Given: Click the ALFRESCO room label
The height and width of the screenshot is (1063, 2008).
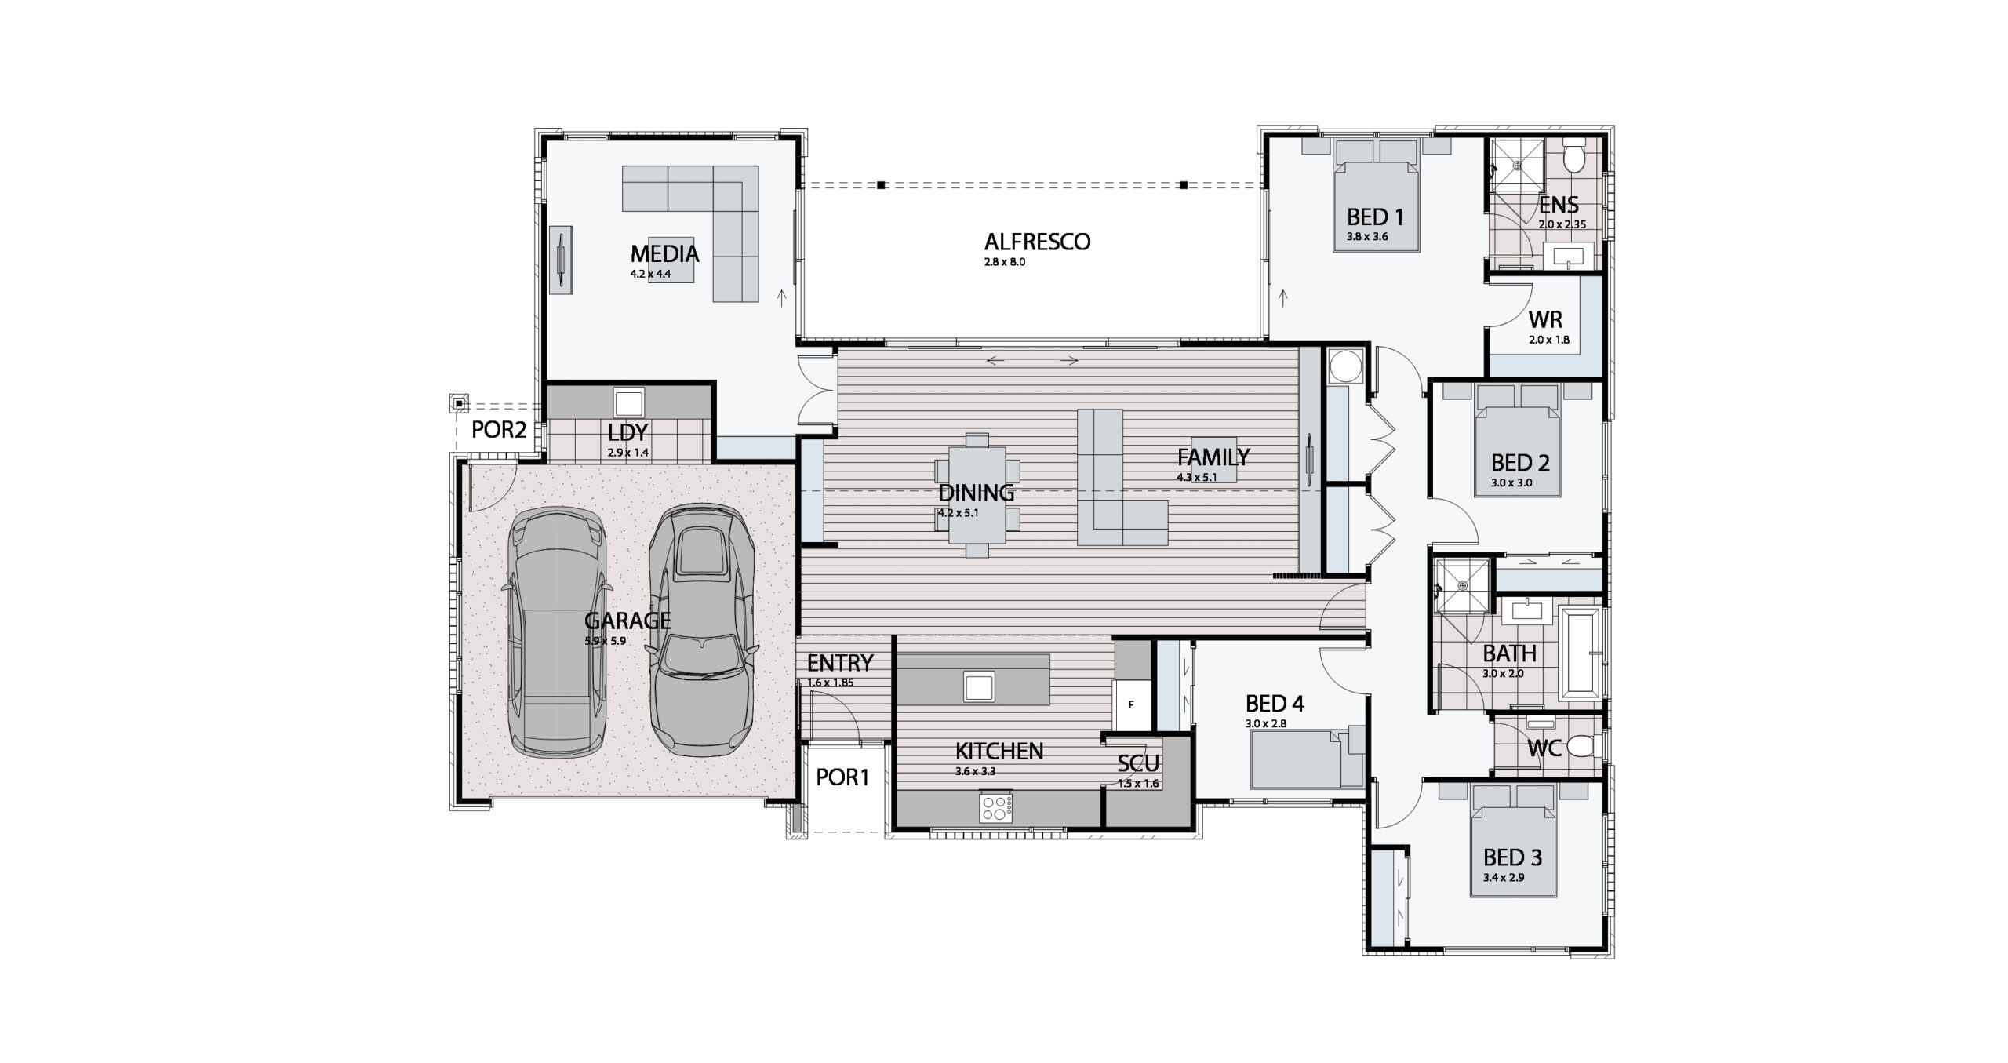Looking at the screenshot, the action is pos(1037,242).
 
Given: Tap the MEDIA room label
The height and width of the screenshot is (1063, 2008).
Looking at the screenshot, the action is pos(664,254).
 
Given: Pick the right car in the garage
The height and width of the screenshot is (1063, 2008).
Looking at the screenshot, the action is pos(702,630).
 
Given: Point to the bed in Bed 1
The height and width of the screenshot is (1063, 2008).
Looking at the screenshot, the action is pos(1377,206).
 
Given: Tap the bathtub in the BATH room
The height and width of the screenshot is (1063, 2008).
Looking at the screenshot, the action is pos(1580,652).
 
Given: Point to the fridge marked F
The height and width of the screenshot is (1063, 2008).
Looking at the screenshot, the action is pos(1131,704).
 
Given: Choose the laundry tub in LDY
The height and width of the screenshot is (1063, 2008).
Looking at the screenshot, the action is pos(629,402).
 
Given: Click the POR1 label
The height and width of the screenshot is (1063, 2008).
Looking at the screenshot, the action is pos(843,777).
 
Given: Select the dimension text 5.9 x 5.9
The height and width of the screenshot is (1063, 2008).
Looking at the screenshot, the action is pos(605,641).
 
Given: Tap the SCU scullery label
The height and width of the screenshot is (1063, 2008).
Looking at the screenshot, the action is pos(1138,763).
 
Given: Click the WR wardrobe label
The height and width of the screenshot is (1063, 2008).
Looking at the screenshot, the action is pos(1545,320).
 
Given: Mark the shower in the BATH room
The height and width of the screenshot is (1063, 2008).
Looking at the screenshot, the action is pos(1461,584).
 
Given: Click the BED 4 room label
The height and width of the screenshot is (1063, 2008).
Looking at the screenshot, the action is pos(1275,704).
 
